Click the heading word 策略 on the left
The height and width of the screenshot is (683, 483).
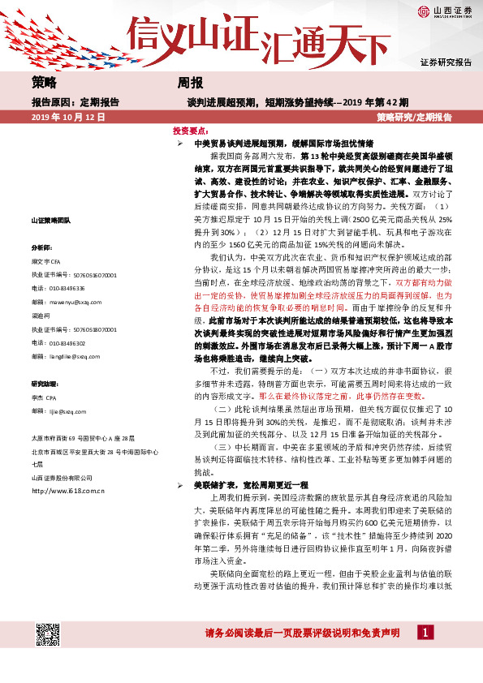(44, 84)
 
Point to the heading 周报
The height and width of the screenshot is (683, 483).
(190, 84)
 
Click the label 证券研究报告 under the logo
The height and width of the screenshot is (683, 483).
(446, 62)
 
